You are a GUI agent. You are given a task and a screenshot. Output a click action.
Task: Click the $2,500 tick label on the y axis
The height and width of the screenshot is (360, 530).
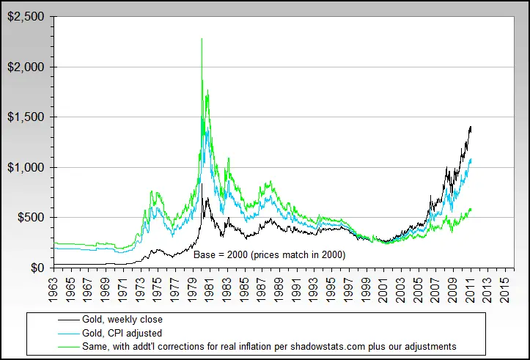click(25, 16)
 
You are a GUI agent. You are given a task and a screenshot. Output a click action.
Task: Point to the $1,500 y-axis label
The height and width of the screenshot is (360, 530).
click(25, 117)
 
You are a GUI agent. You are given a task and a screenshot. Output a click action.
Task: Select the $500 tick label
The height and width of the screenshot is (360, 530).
click(29, 217)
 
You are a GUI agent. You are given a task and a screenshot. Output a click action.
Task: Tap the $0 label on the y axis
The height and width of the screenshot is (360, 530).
click(37, 268)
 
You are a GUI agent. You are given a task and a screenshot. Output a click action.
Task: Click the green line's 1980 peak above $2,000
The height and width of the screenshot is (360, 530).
click(202, 39)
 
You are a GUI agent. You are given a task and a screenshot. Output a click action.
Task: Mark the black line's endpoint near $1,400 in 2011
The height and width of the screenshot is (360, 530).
click(471, 127)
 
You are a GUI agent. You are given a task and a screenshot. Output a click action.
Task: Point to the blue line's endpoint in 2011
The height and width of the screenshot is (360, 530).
click(471, 159)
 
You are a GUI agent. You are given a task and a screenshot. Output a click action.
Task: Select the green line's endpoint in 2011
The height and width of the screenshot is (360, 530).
click(471, 210)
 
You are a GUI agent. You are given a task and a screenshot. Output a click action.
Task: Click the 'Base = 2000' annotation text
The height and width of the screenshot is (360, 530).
click(269, 254)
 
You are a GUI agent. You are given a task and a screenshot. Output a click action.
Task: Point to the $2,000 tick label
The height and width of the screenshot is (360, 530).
click(25, 67)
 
